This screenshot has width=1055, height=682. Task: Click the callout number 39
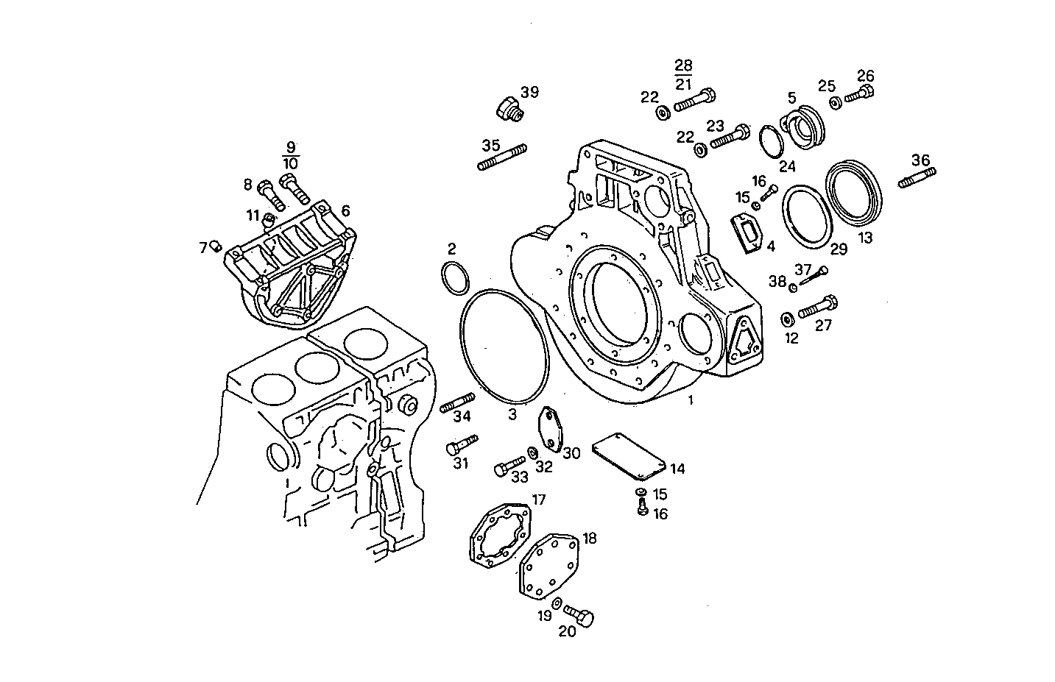coord(529,92)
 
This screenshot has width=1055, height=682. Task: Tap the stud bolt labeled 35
coord(504,157)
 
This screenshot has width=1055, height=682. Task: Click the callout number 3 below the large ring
coord(512,415)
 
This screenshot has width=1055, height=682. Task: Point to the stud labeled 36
coord(917,177)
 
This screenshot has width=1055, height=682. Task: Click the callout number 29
coord(839,249)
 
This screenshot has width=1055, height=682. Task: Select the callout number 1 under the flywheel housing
coord(690,400)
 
